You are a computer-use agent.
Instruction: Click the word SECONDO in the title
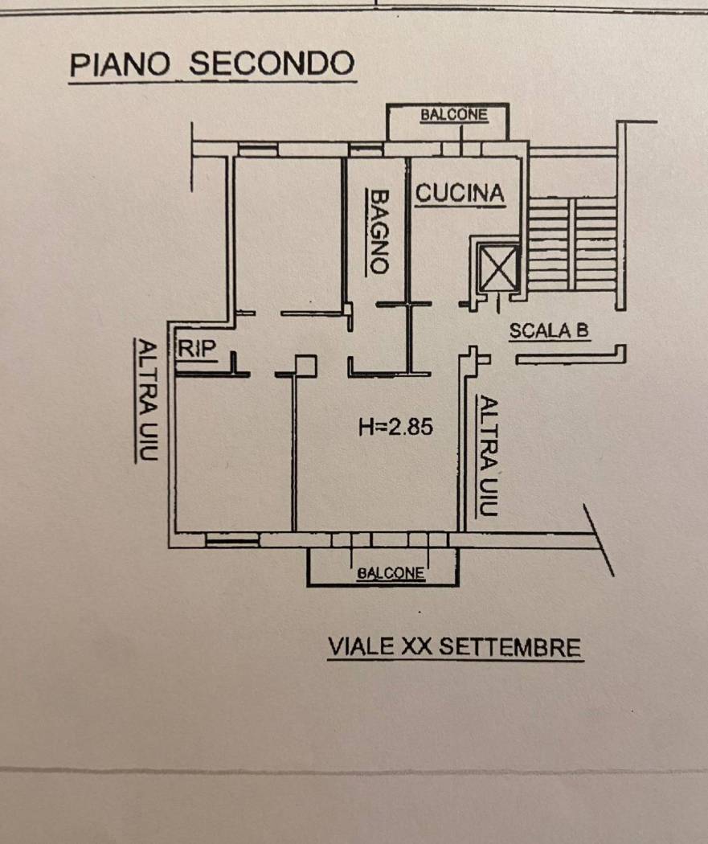tap(272, 64)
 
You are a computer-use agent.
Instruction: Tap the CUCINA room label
tap(460, 193)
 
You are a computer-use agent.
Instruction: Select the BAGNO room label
tap(379, 231)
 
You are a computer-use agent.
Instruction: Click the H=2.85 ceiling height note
tap(395, 427)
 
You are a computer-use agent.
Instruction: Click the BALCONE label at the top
tap(454, 115)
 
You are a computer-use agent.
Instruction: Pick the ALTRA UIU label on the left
tap(148, 399)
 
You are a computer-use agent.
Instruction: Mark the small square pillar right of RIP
tap(306, 366)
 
